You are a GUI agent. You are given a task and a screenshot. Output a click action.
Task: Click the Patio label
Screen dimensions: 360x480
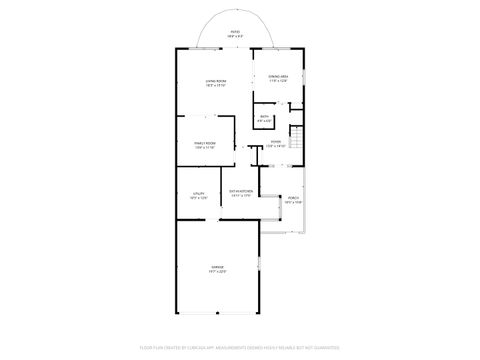[235, 31]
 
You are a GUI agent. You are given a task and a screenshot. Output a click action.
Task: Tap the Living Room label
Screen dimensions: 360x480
[215, 81]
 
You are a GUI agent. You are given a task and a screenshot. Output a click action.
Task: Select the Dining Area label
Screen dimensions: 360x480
[279, 76]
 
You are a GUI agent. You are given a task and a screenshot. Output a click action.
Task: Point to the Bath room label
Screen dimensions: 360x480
[265, 117]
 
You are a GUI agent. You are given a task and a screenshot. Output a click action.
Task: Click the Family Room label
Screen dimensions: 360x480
[207, 144]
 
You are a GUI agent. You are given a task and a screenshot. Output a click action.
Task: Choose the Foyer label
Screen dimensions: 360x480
[276, 141]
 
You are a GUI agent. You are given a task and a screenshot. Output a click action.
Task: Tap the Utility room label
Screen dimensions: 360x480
[198, 193]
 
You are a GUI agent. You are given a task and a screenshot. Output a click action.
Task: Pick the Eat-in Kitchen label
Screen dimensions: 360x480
[240, 190]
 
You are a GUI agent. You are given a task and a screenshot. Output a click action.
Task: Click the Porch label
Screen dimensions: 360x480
[294, 198]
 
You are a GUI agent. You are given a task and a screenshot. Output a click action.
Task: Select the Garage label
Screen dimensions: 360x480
[217, 267]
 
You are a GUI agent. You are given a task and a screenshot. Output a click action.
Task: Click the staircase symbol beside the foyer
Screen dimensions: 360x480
[296, 136]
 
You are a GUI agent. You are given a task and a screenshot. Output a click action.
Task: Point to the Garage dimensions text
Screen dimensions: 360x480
[217, 272]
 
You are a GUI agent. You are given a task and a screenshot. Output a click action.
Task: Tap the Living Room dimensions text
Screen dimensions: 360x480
[215, 86]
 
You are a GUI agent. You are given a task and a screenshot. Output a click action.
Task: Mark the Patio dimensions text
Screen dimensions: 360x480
[235, 36]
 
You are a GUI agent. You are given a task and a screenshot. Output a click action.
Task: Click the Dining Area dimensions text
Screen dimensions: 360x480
[279, 81]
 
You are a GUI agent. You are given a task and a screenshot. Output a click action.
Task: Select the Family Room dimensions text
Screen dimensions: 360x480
[207, 149]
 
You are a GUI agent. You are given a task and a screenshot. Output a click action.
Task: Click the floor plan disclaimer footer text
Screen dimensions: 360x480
[239, 348]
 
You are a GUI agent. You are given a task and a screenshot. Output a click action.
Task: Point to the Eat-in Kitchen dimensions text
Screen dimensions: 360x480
[240, 195]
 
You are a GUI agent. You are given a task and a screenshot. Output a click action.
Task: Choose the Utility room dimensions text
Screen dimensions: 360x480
[198, 198]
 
